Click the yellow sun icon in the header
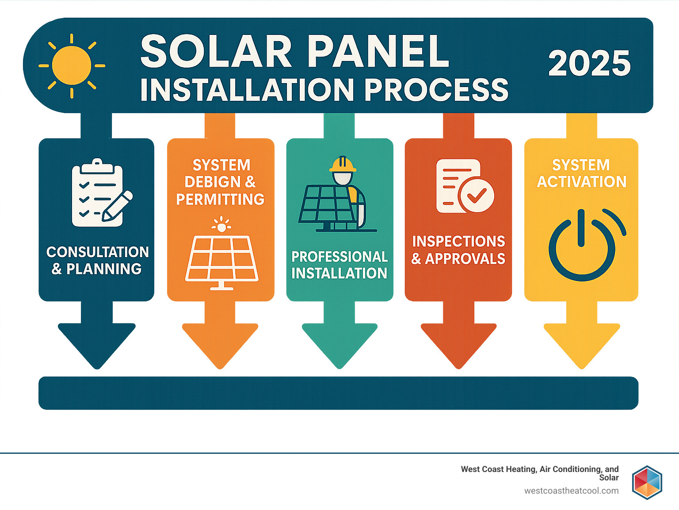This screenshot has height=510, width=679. [x=72, y=66]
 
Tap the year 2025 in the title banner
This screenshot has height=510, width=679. [x=589, y=63]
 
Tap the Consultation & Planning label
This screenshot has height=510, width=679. [x=97, y=260]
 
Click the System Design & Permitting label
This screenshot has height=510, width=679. [x=221, y=182]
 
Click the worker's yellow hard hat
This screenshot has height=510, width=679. [x=343, y=164]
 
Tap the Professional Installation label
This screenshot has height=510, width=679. [x=339, y=265]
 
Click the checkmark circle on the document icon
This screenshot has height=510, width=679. [x=476, y=195]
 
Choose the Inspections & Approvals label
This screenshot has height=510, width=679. [x=458, y=250]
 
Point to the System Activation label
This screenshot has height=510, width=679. [x=581, y=173]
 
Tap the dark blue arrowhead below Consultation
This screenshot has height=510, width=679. [x=97, y=343]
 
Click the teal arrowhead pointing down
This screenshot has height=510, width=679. [x=339, y=343]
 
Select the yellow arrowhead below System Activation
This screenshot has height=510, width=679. [x=582, y=343]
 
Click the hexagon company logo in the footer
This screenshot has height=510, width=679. [x=647, y=482]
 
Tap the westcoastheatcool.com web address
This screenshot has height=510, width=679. [x=571, y=491]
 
